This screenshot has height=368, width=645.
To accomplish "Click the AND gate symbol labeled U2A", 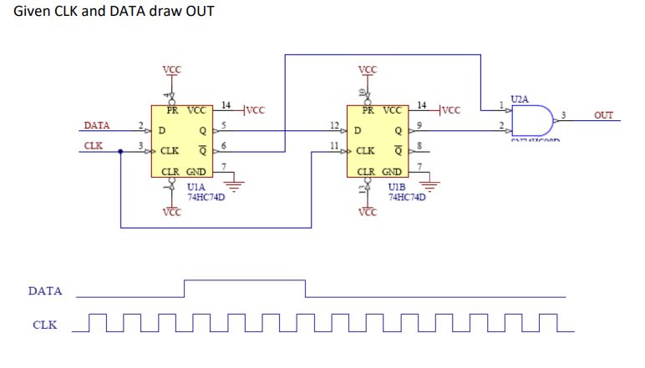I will pyautogui.click(x=533, y=121).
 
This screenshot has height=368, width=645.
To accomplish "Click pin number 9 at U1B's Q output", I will pyautogui.click(x=421, y=124).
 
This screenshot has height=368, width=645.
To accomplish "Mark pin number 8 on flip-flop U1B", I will pyautogui.click(x=421, y=145).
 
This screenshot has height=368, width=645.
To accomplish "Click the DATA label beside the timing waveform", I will pyautogui.click(x=45, y=292).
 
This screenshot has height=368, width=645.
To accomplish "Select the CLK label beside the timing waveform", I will pyautogui.click(x=45, y=325).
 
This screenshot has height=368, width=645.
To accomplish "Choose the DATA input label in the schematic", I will pyautogui.click(x=96, y=126).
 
